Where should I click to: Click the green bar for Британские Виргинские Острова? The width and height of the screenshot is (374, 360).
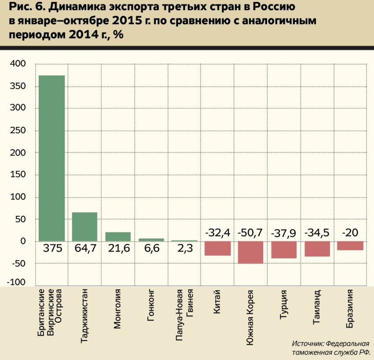52,158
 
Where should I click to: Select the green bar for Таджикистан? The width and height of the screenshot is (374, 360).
84,227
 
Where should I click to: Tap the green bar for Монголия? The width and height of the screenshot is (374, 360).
118,237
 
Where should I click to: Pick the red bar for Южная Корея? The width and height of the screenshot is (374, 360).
250,253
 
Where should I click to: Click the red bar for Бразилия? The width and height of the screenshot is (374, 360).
350,246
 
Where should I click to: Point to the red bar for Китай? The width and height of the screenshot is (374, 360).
218,248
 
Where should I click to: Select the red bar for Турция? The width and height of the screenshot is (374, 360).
284,250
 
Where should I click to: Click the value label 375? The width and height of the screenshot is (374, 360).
52,248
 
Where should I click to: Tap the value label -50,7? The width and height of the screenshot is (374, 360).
250,233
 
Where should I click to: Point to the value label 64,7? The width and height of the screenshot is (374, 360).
85,248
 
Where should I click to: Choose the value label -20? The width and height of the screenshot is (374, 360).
350,233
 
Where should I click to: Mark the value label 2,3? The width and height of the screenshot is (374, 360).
185,248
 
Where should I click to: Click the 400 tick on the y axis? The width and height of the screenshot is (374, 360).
18,64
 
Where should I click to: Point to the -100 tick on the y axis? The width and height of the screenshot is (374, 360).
16,282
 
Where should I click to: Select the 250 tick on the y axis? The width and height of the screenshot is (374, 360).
18,130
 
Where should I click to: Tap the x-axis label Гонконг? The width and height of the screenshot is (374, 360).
150,305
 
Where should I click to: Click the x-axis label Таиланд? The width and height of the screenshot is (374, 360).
316,307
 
